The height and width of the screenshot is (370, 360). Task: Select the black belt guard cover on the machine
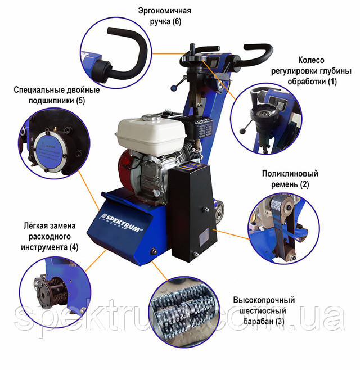(x=192, y=213)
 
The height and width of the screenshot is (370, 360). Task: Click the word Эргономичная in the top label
(x=165, y=11)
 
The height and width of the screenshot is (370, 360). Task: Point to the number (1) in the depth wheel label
(x=332, y=82)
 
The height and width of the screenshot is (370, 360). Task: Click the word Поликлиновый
(x=290, y=174)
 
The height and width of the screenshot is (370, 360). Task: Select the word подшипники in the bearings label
(x=51, y=101)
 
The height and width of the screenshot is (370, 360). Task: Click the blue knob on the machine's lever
(x=174, y=88)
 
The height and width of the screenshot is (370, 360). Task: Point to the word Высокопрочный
(x=264, y=300)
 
